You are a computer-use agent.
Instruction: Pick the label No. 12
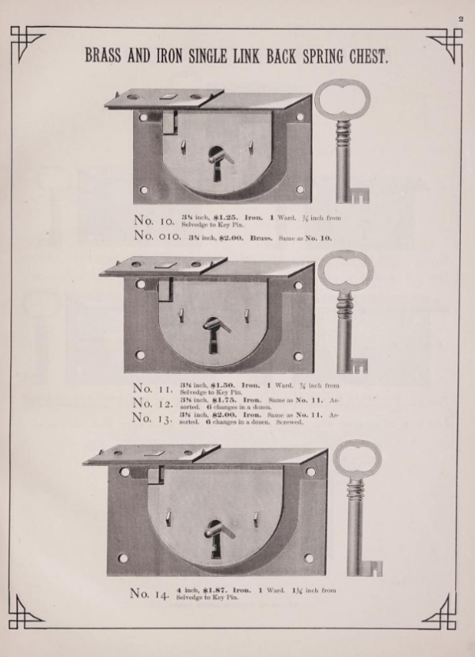[154, 403]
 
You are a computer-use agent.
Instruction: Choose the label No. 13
[154, 418]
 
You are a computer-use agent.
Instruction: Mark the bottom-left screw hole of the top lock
[144, 190]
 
